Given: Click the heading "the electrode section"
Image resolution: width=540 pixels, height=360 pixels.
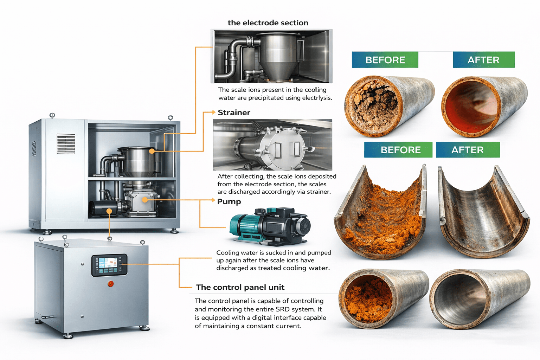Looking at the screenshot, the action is click(x=268, y=22).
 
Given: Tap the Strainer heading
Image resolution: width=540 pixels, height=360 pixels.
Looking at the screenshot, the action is click(x=234, y=112).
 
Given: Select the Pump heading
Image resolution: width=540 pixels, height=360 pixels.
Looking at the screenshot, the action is click(x=229, y=201).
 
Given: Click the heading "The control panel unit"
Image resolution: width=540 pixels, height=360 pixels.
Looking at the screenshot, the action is click(x=240, y=287).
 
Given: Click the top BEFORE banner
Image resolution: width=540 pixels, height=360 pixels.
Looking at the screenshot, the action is click(x=385, y=60).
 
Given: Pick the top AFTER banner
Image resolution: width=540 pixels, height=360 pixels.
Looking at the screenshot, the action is click(x=484, y=60).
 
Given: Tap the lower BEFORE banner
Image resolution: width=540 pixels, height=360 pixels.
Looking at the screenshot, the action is click(x=398, y=150).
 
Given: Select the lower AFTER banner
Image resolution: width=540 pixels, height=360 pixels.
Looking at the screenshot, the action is click(x=468, y=150).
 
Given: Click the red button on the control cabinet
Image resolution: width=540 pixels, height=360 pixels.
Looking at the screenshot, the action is click(x=110, y=284).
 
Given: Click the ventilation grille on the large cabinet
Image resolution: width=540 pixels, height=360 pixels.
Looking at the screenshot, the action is click(x=66, y=144).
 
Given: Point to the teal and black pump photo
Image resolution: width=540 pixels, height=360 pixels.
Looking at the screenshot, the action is click(x=270, y=226).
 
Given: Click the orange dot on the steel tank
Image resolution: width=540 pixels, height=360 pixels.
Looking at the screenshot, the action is click(x=152, y=151).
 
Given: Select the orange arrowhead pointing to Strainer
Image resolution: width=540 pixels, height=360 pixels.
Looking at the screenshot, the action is click(x=214, y=112).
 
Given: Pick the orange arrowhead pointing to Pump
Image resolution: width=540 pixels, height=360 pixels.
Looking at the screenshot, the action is click(x=213, y=200).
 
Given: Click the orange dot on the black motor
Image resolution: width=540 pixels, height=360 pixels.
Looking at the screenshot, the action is click(x=109, y=211).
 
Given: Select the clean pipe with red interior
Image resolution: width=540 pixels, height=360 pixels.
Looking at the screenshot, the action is click(x=484, y=106).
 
